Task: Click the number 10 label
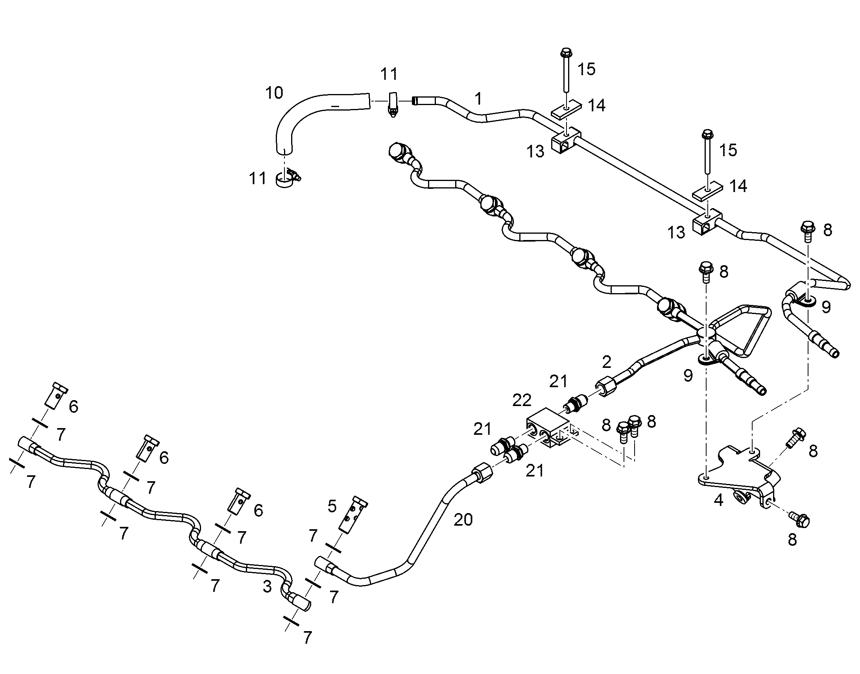pyautogui.click(x=274, y=93)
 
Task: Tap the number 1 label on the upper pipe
pyautogui.click(x=478, y=98)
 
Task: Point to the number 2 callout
pyautogui.click(x=606, y=362)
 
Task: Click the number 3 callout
pyautogui.click(x=267, y=586)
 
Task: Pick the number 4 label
pyautogui.click(x=718, y=500)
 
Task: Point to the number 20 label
pyautogui.click(x=463, y=520)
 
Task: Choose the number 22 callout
pyautogui.click(x=522, y=401)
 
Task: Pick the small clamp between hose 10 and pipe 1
pyautogui.click(x=393, y=104)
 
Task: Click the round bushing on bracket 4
pyautogui.click(x=738, y=498)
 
